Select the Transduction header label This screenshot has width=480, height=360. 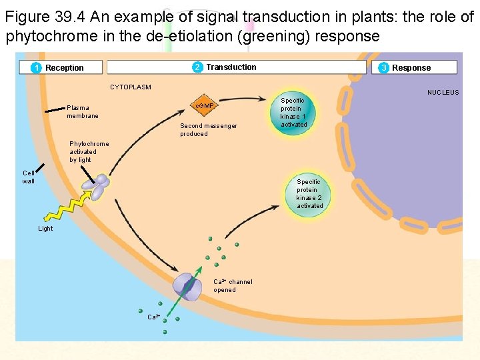click(231, 67)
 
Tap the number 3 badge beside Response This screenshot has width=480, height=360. click(384, 67)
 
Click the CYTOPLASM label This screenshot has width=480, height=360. click(131, 87)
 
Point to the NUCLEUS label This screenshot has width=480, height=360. click(443, 93)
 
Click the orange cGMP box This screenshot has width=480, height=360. click(203, 106)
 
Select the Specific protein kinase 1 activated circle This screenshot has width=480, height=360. click(293, 113)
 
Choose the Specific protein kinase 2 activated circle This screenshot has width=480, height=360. click(309, 194)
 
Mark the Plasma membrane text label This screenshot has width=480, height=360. click(83, 111)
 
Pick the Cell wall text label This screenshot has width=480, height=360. click(28, 177)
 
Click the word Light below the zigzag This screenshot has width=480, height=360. click(45, 229)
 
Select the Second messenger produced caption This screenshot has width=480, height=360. click(208, 129)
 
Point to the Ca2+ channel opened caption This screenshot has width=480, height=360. click(233, 285)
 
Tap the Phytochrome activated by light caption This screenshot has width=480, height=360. click(89, 151)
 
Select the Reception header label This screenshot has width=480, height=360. click(65, 67)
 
